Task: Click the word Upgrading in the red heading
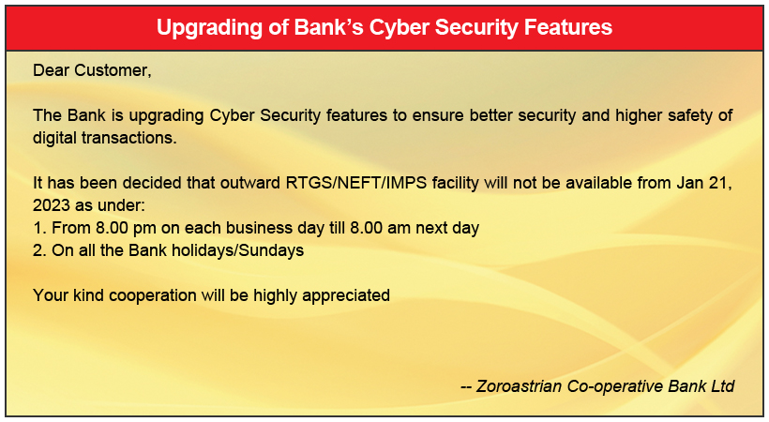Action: coord(208,28)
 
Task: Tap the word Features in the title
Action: coord(568,27)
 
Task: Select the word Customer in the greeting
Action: coord(113,70)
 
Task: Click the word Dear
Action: coord(51,70)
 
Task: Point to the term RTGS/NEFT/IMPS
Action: coord(356,183)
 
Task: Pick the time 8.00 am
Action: coord(380,228)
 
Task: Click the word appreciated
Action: coord(346,295)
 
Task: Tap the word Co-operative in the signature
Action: coord(615,386)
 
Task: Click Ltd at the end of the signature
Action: coord(722,386)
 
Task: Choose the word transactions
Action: coord(129,138)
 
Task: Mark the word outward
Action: coord(250,183)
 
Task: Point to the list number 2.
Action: coord(39,250)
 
